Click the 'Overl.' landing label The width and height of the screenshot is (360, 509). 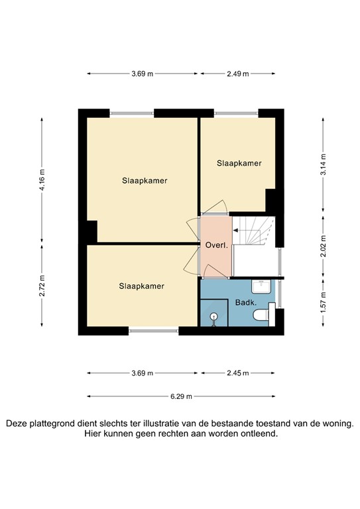pos(217,245)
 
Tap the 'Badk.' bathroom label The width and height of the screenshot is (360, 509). pos(246,303)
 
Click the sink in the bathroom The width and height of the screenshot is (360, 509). pos(259,286)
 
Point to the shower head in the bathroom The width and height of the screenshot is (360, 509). pos(213,317)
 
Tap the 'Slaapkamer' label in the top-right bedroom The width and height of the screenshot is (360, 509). pos(239,162)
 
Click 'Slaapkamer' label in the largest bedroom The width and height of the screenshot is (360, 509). pos(144,180)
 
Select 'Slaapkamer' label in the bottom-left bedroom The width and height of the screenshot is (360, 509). pos(141,286)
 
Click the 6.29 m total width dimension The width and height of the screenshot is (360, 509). pos(180,396)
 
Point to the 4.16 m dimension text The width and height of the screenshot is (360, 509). pos(42,178)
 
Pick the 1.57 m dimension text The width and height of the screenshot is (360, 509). pos(324,302)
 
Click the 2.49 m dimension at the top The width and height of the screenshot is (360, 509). pos(237,74)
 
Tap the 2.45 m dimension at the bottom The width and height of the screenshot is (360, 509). pos(237,373)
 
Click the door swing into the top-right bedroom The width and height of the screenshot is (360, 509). pos(217,207)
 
